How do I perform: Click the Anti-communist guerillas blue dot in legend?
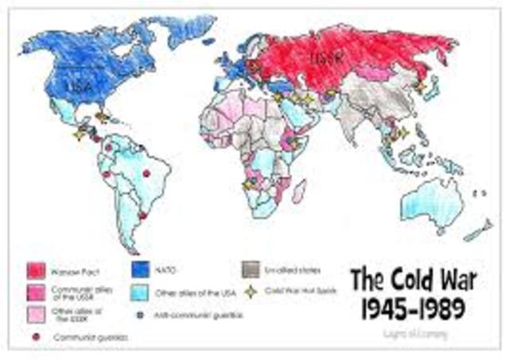point(141,315)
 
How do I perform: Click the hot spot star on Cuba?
point(102,117)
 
